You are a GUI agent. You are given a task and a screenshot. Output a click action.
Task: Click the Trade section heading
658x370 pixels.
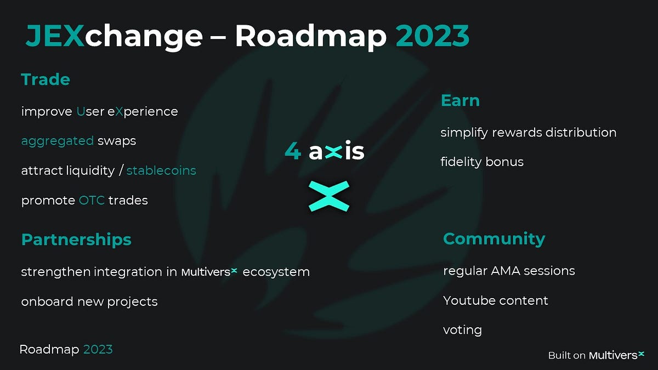(x=46, y=80)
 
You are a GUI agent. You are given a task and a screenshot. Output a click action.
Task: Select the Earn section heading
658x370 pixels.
(x=460, y=101)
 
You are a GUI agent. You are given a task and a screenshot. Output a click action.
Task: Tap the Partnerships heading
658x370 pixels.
(x=76, y=240)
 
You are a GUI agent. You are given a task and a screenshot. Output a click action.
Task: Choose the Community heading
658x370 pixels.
(x=493, y=239)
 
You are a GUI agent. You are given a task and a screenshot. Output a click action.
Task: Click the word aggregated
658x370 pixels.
(x=58, y=141)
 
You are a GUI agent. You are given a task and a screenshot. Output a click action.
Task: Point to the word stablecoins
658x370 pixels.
(x=161, y=170)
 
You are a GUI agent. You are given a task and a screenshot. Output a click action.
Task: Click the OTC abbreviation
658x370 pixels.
(x=91, y=200)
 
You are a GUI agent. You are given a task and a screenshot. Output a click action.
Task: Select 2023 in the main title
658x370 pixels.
(x=432, y=37)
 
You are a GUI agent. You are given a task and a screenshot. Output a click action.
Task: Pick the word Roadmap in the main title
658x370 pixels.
(x=310, y=37)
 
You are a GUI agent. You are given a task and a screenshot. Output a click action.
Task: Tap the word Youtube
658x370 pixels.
(x=468, y=300)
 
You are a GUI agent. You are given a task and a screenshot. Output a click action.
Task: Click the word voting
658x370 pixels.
(x=462, y=330)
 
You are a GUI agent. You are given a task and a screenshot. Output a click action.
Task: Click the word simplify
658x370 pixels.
(x=465, y=133)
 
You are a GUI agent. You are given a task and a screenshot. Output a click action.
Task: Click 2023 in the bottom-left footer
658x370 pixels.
(x=98, y=349)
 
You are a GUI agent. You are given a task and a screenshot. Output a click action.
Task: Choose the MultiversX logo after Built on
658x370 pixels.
(x=616, y=355)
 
